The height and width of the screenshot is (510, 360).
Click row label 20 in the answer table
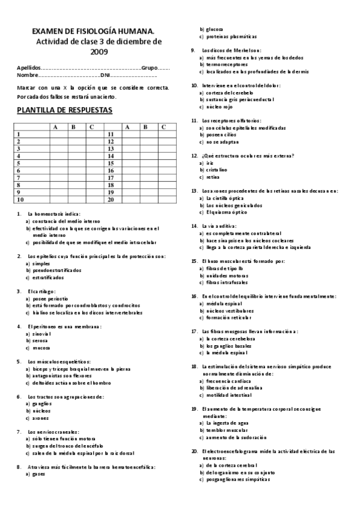pyautogui.click(x=110, y=199)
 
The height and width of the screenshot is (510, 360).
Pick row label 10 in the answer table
pyautogui.click(x=21, y=199)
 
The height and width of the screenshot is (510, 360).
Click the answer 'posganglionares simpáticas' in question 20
pyautogui.click(x=237, y=479)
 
